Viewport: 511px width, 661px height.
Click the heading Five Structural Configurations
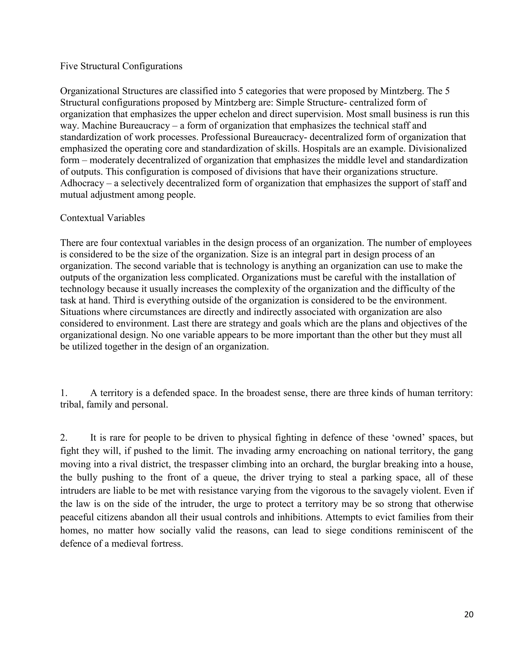(121, 66)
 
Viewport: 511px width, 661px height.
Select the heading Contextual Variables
(102, 218)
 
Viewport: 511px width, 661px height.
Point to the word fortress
(166, 544)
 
